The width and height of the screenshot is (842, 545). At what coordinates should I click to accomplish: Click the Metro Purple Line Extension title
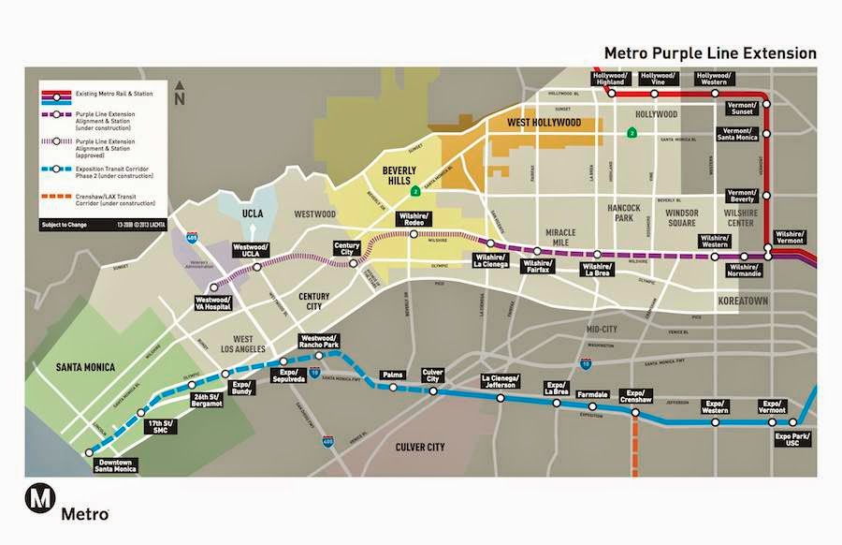tap(710, 52)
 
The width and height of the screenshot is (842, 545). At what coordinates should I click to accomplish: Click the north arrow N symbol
tap(181, 96)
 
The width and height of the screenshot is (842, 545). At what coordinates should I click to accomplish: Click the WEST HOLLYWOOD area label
tap(544, 123)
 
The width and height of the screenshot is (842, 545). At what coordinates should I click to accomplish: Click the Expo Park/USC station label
tap(792, 438)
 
